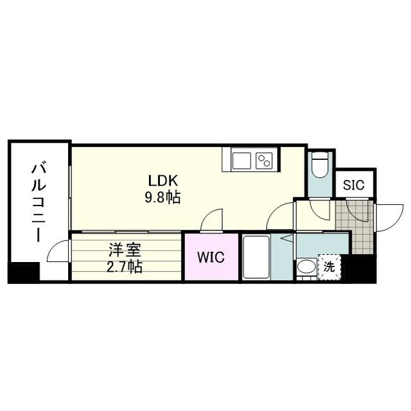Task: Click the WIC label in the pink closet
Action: click(x=210, y=258)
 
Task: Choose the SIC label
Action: click(x=353, y=185)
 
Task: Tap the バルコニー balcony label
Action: click(x=38, y=203)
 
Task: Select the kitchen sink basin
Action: click(x=241, y=159)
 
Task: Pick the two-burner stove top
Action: click(x=265, y=159)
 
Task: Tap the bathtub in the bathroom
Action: click(x=256, y=257)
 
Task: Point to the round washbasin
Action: click(x=306, y=268)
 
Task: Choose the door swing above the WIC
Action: click(x=210, y=222)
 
